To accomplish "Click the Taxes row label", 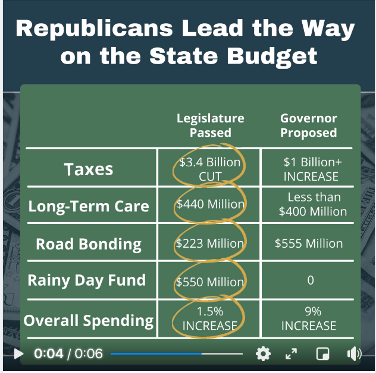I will (x=89, y=169).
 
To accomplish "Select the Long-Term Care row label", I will (x=89, y=207).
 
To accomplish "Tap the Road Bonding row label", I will (x=89, y=244).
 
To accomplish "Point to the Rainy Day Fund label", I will (x=86, y=280).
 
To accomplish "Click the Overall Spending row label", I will (x=88, y=321).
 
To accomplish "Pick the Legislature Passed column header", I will (x=210, y=126).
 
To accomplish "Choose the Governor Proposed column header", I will (x=308, y=126).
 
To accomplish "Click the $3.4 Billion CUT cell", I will (x=210, y=169).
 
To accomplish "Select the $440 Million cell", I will (x=210, y=204).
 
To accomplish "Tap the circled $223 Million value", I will (x=210, y=244).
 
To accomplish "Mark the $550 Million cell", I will (x=210, y=282).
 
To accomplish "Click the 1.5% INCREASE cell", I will (x=209, y=318).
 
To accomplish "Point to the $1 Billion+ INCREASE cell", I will (x=310, y=169).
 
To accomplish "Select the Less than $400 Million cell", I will (x=313, y=204).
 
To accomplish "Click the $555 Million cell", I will (x=309, y=244).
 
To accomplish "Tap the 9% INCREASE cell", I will (x=309, y=318).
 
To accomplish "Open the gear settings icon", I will (x=262, y=355).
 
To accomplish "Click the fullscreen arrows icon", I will (x=291, y=355).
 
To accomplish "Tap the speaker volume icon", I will (x=354, y=355).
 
